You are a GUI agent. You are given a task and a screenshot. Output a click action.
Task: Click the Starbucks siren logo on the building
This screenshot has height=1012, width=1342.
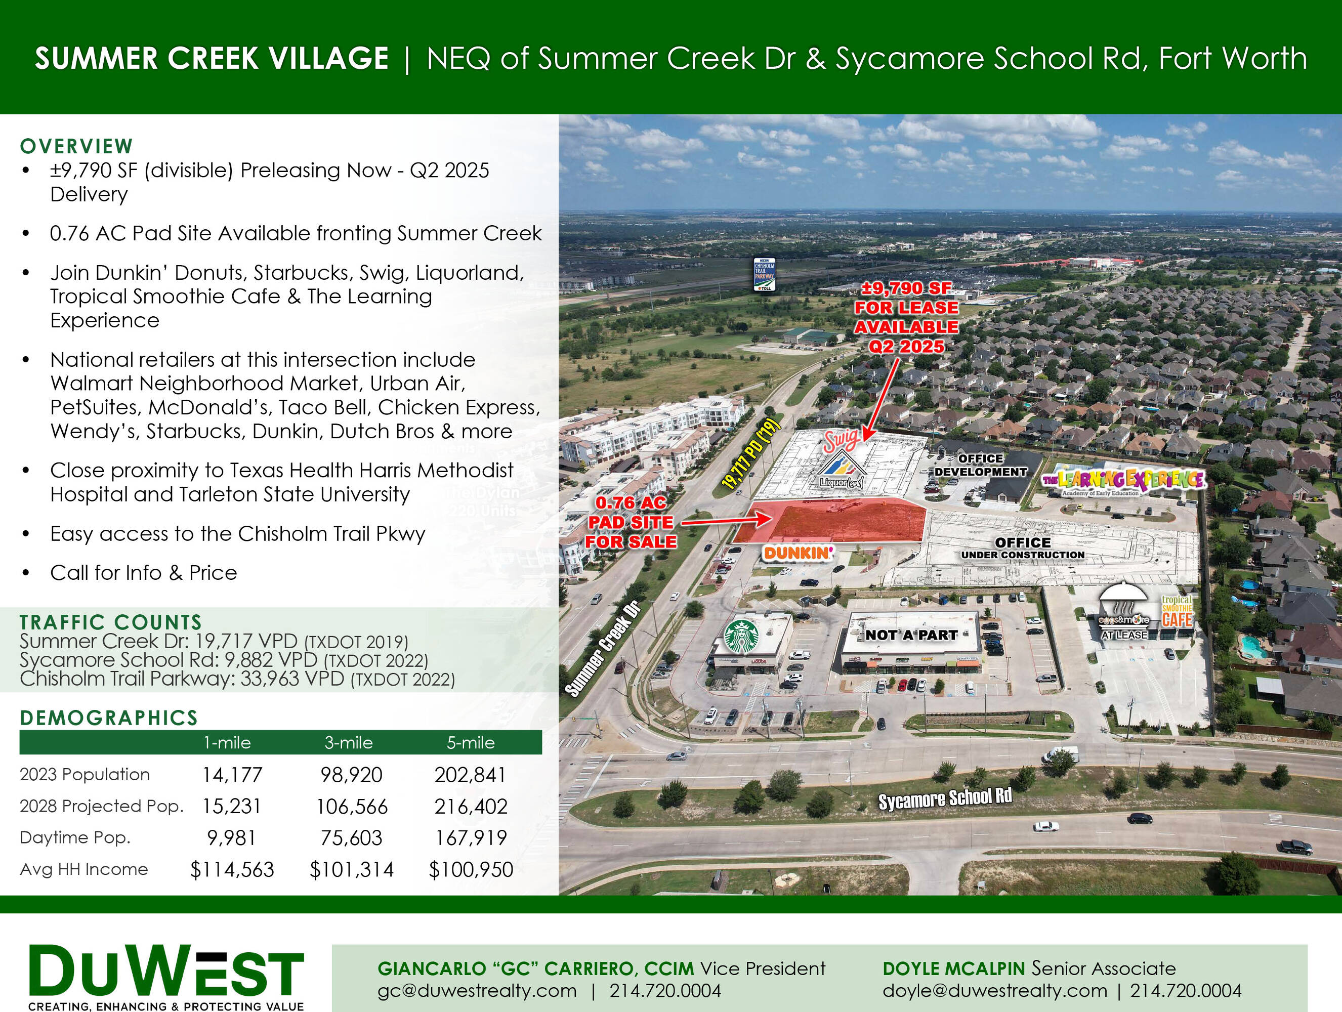(x=741, y=636)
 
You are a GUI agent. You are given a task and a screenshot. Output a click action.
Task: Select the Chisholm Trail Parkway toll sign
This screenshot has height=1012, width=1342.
(x=764, y=275)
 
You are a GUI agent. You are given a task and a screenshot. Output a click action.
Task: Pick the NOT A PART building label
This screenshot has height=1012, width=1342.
(x=911, y=635)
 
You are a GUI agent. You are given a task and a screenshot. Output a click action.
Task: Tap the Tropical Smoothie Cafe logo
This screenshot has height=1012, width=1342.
(x=1177, y=612)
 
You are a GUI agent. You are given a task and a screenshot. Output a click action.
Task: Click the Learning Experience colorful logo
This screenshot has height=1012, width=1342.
(x=1123, y=480)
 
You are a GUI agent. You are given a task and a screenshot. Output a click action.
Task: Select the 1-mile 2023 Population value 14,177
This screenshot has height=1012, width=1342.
(x=232, y=775)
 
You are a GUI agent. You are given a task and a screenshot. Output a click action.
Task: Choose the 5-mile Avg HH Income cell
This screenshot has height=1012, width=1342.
(x=471, y=869)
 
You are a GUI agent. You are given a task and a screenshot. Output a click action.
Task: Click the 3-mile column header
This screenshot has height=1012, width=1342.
(x=349, y=743)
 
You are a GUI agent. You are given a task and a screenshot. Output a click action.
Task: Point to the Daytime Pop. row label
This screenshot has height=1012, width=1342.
(x=75, y=838)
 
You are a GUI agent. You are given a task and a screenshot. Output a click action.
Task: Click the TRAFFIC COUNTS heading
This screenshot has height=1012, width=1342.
(x=110, y=622)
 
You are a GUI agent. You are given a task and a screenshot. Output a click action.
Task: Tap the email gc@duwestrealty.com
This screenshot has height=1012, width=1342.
(x=477, y=991)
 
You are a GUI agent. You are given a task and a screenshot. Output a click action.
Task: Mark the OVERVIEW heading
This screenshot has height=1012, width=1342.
(x=76, y=146)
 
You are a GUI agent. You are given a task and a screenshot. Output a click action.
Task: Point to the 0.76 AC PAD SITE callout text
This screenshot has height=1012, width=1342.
(x=631, y=522)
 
